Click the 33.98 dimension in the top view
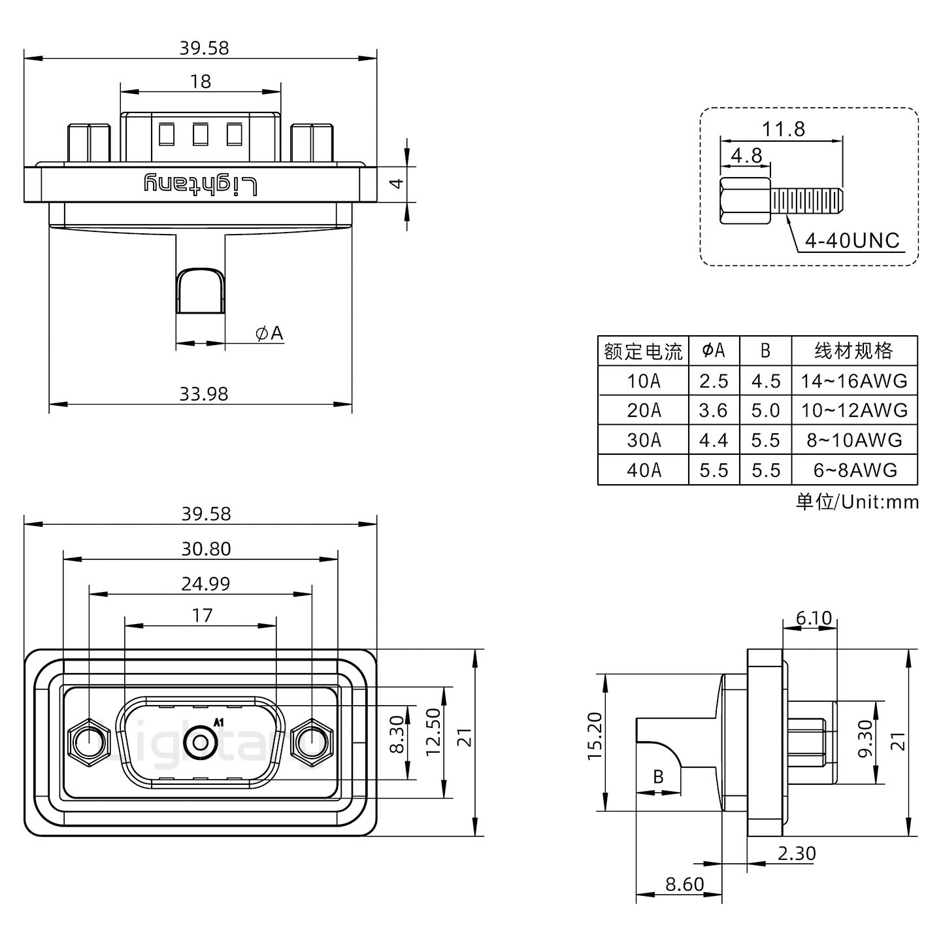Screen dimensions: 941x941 [x=203, y=394]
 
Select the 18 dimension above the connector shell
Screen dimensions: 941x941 [x=201, y=82]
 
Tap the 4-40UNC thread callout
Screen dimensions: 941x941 [x=851, y=241]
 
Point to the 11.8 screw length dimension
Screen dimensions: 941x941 [x=784, y=129]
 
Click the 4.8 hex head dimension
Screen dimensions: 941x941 [x=746, y=156]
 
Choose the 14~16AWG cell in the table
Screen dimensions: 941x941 [x=854, y=381]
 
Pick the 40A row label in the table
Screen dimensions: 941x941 [x=643, y=470]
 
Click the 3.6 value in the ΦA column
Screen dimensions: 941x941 [x=713, y=410]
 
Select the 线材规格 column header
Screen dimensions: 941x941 [x=853, y=352]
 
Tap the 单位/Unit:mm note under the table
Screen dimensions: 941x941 [x=857, y=502]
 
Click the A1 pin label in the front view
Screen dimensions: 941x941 [x=219, y=722]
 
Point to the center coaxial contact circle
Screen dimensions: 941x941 [x=200, y=743]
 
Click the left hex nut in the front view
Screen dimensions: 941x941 [x=88, y=742]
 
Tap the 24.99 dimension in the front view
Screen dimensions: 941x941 [x=205, y=584]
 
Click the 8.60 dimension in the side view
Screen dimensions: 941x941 [x=684, y=885]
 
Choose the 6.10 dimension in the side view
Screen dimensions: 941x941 [x=814, y=618]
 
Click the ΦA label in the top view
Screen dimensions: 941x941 [x=269, y=333]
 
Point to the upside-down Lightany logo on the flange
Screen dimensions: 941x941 [x=200, y=185]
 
